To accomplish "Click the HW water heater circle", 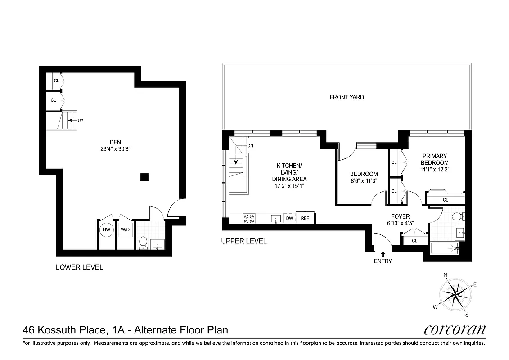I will tap(107, 229).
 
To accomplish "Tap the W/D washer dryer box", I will tap(125, 229).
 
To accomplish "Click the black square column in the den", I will tap(144, 177).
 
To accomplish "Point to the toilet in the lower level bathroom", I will tap(144, 242).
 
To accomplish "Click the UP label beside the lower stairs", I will tap(81, 121).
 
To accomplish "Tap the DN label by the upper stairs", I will tap(250, 146).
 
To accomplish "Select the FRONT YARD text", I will tap(347, 97).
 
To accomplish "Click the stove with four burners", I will tap(249, 219).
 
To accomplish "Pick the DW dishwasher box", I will tap(289, 218).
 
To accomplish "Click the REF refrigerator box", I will tap(305, 218).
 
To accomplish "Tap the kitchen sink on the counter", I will tap(276, 219).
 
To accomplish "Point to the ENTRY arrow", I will tap(383, 254).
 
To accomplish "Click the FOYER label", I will tap(400, 216).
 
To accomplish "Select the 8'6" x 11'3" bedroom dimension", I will tap(364, 181).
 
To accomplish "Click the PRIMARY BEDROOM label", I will tap(435, 159).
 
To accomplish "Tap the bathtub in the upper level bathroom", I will tap(444, 248).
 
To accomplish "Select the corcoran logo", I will tap(455, 330).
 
